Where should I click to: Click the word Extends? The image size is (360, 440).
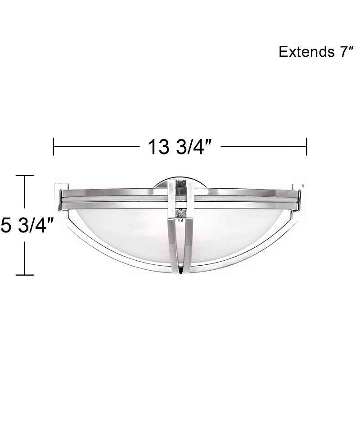(305, 52)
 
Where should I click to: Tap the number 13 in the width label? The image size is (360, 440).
(158, 147)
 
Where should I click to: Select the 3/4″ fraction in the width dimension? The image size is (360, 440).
(192, 147)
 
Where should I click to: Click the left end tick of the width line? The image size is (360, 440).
(54, 147)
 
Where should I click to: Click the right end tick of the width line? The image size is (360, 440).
(306, 147)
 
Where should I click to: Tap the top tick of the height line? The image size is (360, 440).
(25, 176)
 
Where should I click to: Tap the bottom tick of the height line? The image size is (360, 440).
(25, 274)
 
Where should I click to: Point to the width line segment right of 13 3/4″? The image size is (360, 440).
(263, 147)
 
